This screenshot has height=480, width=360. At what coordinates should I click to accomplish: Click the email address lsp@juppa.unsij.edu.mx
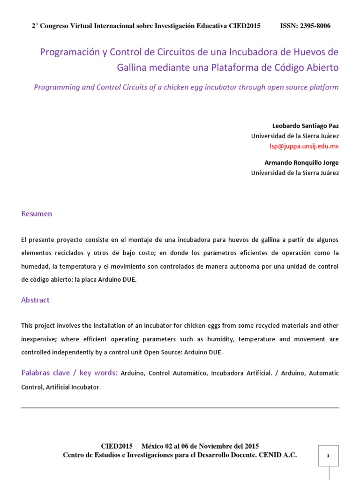click(304, 146)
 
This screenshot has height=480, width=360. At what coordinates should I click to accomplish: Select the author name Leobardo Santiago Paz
click(305, 126)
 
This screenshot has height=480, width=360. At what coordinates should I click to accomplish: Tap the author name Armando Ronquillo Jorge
click(302, 163)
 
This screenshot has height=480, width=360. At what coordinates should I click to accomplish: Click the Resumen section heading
click(37, 214)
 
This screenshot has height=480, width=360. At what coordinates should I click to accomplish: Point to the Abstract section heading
click(35, 300)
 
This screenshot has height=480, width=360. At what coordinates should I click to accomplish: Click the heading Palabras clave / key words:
click(69, 373)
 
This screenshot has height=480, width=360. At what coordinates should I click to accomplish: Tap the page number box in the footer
click(328, 456)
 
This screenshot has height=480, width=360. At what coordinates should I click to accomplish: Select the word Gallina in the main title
click(133, 67)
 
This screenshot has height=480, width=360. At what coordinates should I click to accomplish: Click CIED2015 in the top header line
click(245, 26)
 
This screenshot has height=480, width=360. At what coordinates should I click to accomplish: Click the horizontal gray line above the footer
click(180, 408)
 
